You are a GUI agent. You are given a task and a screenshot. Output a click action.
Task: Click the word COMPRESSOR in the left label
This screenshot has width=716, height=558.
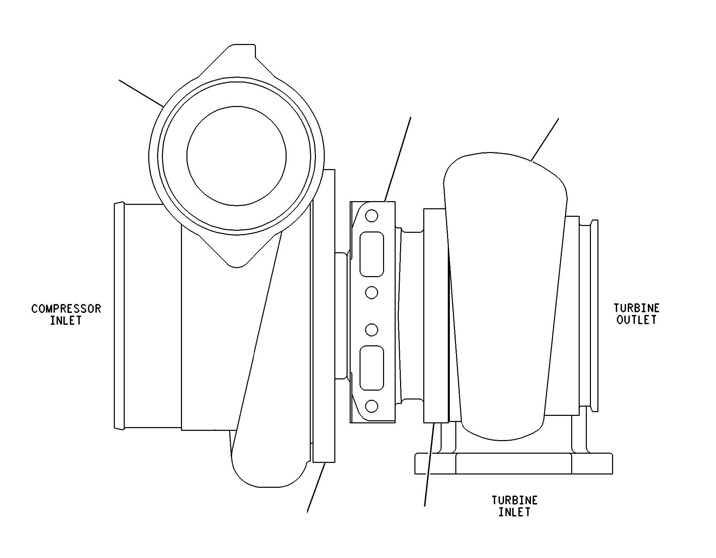[66, 309]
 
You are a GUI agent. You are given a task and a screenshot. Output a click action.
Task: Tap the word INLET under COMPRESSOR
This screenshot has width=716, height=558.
[66, 321]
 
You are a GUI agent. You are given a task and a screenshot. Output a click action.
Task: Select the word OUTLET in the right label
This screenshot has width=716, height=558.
[636, 320]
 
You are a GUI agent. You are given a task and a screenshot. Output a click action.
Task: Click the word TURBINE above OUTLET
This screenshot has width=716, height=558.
[637, 308]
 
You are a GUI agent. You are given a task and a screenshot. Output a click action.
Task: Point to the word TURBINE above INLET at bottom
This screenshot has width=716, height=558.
[514, 500]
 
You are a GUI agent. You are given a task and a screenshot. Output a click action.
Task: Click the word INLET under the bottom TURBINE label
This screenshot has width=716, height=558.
[514, 512]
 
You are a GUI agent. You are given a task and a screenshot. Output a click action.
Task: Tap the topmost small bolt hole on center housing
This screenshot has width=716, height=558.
[371, 216]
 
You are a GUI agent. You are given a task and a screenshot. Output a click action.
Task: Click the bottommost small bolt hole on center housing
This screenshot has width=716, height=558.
[371, 406]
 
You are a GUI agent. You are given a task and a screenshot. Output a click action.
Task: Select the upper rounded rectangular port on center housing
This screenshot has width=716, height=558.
[372, 254]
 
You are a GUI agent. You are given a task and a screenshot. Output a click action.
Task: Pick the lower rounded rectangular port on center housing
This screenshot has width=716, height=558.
[372, 368]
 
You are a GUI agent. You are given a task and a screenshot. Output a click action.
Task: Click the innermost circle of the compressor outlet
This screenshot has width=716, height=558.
[237, 156]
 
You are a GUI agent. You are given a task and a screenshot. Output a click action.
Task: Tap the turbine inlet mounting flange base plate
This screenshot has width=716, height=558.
[514, 464]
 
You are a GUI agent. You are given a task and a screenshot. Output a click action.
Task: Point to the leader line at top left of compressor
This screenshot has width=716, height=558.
[141, 93]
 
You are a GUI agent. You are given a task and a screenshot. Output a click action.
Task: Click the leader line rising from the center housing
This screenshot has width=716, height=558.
[397, 160]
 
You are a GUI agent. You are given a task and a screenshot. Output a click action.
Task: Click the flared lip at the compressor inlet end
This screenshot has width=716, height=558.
[119, 315]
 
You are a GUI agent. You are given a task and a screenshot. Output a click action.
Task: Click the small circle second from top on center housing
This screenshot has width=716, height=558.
[371, 292]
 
